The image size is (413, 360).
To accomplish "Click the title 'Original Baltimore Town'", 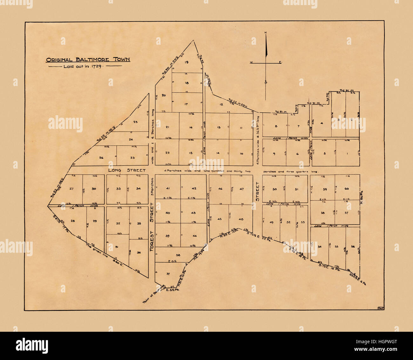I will tap(88, 60).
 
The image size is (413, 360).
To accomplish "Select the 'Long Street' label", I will tap(127, 170).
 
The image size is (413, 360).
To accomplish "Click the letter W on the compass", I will tap(251, 63).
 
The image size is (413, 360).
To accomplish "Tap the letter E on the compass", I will tap(280, 63).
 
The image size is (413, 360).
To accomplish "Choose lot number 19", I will tap(186, 62).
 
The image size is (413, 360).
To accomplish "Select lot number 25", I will tap(136, 122).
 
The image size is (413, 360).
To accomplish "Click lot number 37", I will tap(168, 274).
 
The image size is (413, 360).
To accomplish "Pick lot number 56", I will tap(353, 247).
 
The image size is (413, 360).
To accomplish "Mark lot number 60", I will tap(347, 189).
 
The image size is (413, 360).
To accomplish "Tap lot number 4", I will tap(322, 123).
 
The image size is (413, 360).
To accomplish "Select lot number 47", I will tap(242, 189).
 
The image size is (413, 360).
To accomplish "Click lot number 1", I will tap(347, 154).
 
